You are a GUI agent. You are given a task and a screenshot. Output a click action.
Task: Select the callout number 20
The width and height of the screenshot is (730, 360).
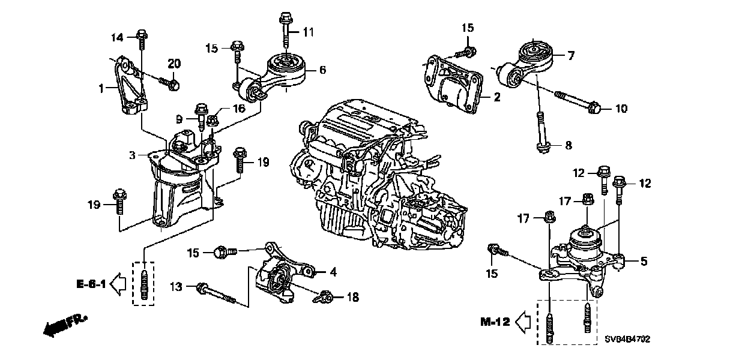[173, 64]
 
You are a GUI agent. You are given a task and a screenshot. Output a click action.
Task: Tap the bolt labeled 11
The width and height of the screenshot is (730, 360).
[285, 27]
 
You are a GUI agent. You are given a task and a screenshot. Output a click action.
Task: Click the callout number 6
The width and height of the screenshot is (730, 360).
[322, 70]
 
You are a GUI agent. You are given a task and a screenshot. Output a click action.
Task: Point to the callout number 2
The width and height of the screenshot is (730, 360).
[496, 97]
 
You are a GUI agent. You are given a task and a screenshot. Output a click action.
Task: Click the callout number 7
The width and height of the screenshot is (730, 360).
[571, 56]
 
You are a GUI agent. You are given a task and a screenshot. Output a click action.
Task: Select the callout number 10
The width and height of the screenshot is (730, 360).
[621, 109]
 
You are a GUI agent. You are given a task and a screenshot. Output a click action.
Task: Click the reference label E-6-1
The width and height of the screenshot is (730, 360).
[91, 284]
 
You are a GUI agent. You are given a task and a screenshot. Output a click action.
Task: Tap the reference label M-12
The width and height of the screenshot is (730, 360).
[495, 322]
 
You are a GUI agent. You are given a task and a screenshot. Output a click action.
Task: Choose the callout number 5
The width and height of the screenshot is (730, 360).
[644, 261]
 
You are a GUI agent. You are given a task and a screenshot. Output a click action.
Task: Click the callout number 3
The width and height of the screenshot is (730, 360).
[132, 155]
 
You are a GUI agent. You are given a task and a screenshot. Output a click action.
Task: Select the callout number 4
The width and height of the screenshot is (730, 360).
[333, 272]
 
